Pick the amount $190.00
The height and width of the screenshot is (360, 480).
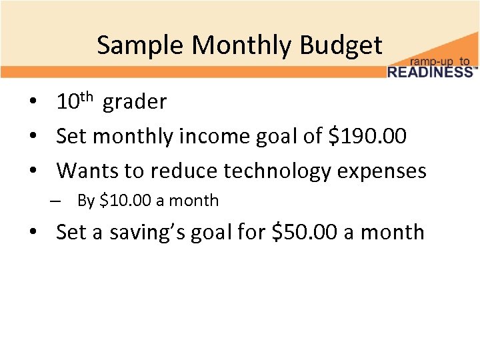[x=368, y=137]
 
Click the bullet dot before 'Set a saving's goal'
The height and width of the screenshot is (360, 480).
[x=32, y=233]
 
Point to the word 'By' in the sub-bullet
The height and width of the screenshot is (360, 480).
[x=86, y=201]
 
